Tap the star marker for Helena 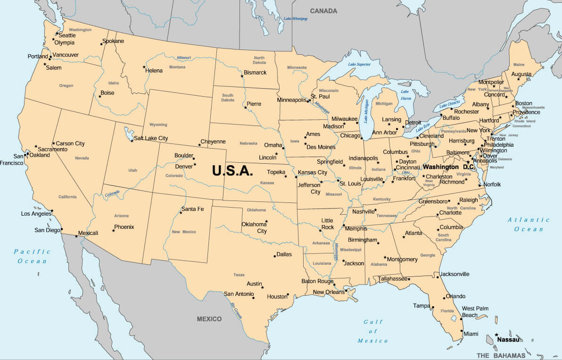(144, 67)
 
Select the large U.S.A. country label (233, 170)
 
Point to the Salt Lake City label (151, 138)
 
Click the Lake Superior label (359, 64)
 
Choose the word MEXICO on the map (209, 319)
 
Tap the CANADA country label (323, 11)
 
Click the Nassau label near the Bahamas (508, 339)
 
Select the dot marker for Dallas (275, 256)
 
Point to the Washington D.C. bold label (448, 167)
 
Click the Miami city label (471, 334)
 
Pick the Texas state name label (239, 275)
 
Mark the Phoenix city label (124, 227)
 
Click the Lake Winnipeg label (295, 19)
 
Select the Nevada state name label (82, 158)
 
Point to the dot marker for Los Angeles (52, 211)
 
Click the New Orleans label (329, 292)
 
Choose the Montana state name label (177, 67)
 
